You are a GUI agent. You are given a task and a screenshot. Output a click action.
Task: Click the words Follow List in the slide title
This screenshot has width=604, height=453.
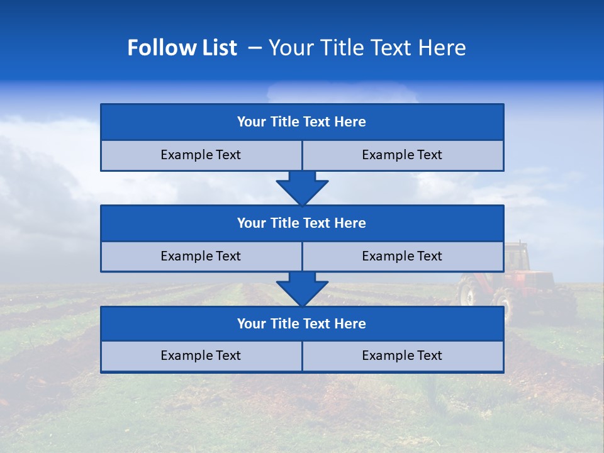pyautogui.click(x=182, y=48)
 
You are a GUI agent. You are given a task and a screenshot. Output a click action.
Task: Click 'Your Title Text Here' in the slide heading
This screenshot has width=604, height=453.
pyautogui.click(x=367, y=48)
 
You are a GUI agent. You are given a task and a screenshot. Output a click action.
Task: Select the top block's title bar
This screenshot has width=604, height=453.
pyautogui.click(x=302, y=122)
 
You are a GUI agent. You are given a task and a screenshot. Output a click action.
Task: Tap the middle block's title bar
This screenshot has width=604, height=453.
pyautogui.click(x=302, y=223)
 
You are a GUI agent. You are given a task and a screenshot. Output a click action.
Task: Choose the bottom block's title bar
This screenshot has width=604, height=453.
pyautogui.click(x=302, y=323)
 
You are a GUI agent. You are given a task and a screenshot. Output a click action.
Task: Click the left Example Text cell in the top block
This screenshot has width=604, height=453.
pyautogui.click(x=201, y=155)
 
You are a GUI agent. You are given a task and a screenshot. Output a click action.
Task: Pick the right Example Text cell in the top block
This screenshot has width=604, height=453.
pyautogui.click(x=402, y=155)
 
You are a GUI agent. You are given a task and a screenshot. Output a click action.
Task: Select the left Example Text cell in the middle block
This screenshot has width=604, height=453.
pyautogui.click(x=201, y=256)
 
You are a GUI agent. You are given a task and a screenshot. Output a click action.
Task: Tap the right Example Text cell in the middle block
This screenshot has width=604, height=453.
pyautogui.click(x=402, y=256)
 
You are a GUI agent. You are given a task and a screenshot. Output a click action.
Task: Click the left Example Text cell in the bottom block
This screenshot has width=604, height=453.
pyautogui.click(x=201, y=355)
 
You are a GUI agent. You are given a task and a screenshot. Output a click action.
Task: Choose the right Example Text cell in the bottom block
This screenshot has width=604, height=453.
pyautogui.click(x=402, y=355)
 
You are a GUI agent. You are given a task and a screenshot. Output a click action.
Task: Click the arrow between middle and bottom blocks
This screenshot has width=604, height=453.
pyautogui.click(x=302, y=289)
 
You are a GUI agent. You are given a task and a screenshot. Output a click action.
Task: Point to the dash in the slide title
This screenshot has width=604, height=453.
pyautogui.click(x=255, y=48)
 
